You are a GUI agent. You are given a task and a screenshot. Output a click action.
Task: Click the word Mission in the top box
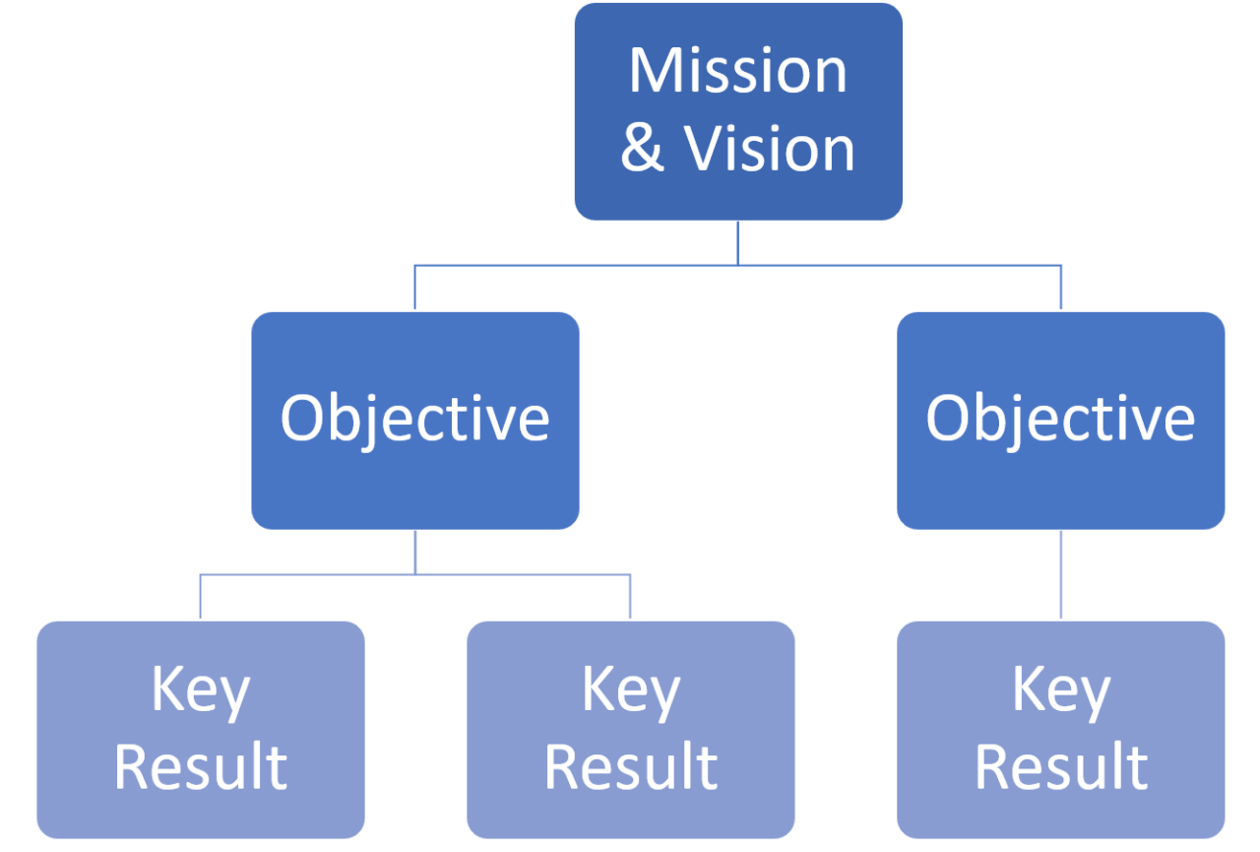click(x=737, y=71)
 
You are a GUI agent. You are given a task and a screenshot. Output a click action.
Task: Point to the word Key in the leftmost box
click(x=200, y=691)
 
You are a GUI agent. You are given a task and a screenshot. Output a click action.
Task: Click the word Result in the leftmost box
click(x=200, y=767)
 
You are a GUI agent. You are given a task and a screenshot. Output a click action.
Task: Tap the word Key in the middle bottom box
click(x=630, y=691)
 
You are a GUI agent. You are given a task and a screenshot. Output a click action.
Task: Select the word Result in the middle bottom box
click(x=630, y=767)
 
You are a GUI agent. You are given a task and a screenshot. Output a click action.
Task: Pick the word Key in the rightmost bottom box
click(x=1060, y=691)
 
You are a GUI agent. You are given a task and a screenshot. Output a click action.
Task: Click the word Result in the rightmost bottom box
click(x=1060, y=767)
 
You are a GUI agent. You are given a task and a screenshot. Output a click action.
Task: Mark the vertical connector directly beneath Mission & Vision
click(x=737, y=242)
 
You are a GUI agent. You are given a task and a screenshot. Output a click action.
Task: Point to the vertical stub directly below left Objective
click(x=414, y=552)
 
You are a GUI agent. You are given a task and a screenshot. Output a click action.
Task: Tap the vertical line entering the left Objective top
click(x=414, y=287)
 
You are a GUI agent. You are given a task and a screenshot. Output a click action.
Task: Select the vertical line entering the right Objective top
click(x=1061, y=287)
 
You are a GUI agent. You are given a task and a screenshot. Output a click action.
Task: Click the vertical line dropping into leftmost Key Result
click(x=200, y=596)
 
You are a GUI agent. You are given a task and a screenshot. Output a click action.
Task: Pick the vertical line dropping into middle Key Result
click(x=630, y=596)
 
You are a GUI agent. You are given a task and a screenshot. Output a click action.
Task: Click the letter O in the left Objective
click(x=302, y=418)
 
